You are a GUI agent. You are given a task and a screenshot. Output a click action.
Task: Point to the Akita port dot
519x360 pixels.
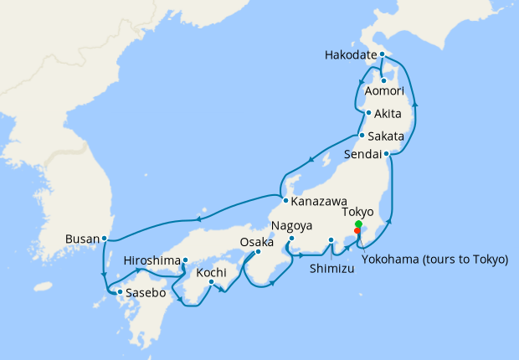[x=368, y=113]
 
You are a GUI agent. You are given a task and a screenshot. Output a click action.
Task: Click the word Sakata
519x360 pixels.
[x=387, y=136]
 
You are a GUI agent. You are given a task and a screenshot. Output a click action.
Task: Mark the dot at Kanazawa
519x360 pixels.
[x=286, y=201]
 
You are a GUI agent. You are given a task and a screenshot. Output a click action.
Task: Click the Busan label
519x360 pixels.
[x=81, y=239]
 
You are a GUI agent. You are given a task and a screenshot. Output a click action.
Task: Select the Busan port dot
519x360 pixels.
[x=104, y=239]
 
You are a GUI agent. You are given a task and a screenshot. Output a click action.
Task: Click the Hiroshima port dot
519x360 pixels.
[x=184, y=260]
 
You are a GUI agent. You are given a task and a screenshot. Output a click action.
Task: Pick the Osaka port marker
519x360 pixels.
[x=259, y=251]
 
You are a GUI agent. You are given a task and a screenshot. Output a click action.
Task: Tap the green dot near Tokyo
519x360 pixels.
[x=358, y=224]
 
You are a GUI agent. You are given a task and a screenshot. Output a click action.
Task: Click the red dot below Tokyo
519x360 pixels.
[x=358, y=232]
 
